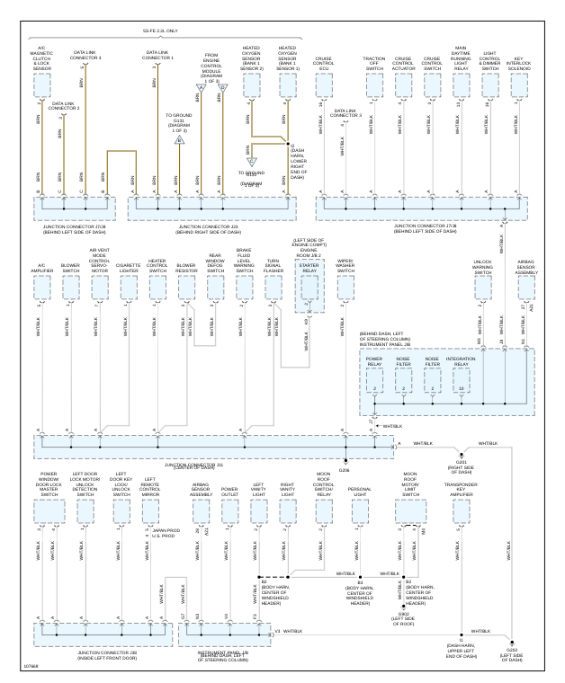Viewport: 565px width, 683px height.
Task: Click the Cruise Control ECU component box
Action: [x=323, y=84]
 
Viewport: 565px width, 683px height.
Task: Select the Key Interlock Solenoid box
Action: [x=519, y=84]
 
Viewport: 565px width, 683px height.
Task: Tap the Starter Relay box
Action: [x=309, y=286]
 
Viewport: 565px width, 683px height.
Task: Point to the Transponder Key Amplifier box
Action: [x=461, y=510]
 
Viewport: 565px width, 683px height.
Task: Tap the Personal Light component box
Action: [x=360, y=510]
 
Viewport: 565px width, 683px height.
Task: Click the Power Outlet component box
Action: [x=229, y=510]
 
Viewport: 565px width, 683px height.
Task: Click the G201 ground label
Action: [x=461, y=462]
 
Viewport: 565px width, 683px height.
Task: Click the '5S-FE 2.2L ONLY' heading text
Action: [x=161, y=31]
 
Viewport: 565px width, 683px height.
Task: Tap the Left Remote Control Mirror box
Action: [x=151, y=510]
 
